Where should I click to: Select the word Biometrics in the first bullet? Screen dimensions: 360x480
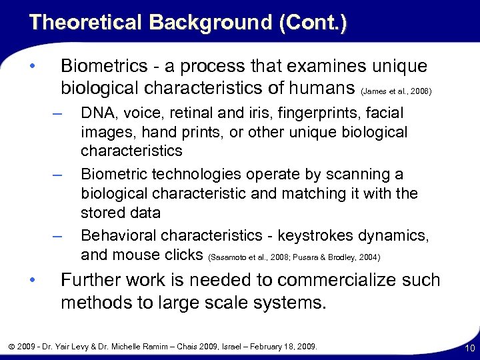coord(97,67)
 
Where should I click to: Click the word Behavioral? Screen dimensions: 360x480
coord(115,235)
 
